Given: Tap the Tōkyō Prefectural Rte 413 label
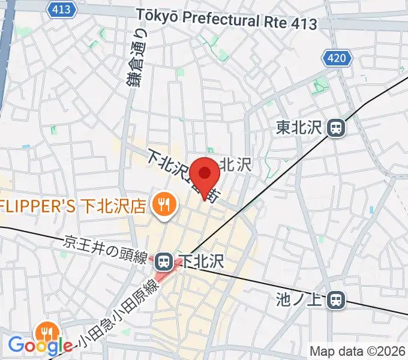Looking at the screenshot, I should (226, 19).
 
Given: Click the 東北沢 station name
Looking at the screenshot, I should (300, 127).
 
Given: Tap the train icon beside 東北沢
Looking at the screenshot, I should (336, 127).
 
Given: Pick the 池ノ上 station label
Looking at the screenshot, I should (300, 298).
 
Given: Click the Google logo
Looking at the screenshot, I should (41, 345).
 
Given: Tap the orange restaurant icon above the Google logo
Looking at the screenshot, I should (46, 332).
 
